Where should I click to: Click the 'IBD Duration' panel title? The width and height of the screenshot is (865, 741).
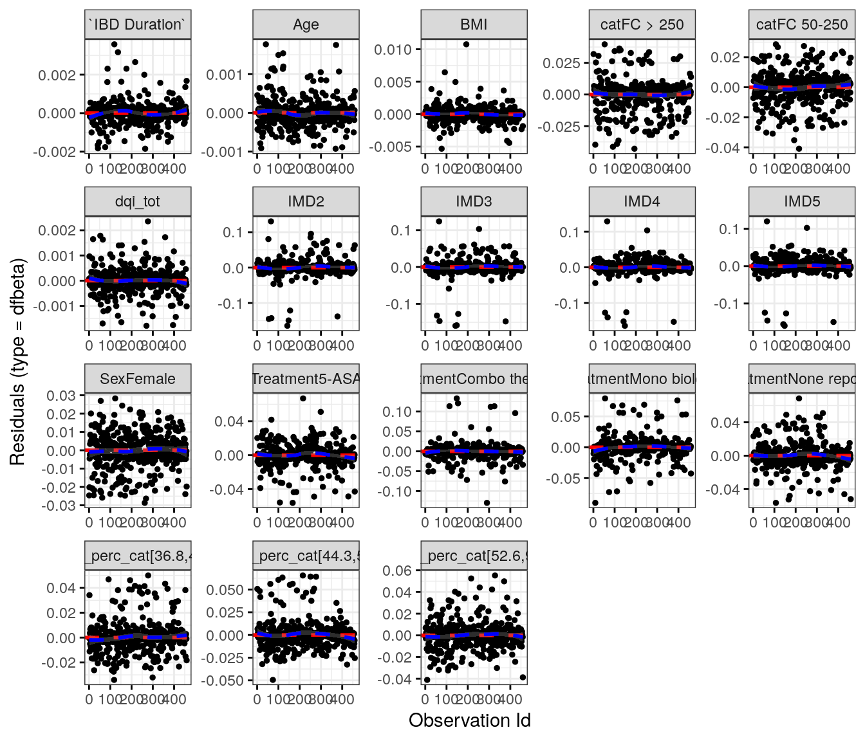pos(138,24)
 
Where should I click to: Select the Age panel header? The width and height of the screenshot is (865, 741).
pos(306,24)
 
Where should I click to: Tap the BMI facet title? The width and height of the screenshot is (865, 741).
pos(474,24)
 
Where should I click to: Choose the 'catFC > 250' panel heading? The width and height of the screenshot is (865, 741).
pos(642,24)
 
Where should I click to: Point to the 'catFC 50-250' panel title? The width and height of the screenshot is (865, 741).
pos(802,24)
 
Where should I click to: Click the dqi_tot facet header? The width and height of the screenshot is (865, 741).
pos(138,201)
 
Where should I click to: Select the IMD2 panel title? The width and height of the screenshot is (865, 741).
pos(306,201)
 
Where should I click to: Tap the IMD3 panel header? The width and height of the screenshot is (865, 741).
pos(474,201)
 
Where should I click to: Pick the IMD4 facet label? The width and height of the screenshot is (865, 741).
pos(642,201)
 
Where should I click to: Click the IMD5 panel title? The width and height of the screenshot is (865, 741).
pos(802,201)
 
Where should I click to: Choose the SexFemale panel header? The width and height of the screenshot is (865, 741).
pos(138,378)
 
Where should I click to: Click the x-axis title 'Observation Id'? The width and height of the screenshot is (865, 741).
pos(469,720)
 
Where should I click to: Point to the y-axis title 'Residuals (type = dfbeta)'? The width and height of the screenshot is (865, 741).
pos(17,362)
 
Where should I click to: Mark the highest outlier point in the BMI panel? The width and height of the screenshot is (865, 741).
pos(466,44)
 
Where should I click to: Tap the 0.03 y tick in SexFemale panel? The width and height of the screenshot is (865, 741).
pos(61,396)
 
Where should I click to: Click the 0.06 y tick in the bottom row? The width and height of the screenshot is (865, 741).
pos(397,571)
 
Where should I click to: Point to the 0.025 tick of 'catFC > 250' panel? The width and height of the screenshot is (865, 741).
pos(561,63)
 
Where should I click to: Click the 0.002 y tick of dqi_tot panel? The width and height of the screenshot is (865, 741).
pos(57,231)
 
